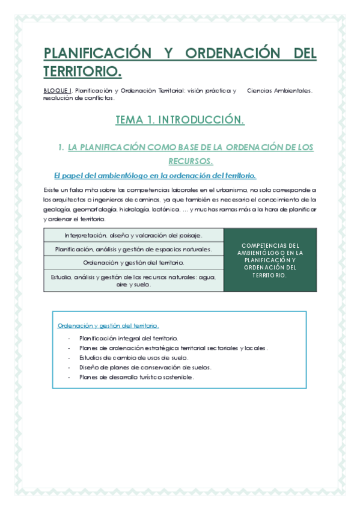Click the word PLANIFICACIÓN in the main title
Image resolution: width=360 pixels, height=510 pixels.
tap(97, 53)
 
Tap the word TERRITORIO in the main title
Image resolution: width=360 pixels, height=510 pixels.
tap(82, 72)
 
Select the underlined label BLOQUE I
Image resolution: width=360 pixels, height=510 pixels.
tap(57, 90)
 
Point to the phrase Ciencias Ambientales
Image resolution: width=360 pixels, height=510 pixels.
tap(279, 90)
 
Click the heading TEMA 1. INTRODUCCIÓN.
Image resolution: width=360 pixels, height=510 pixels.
tap(180, 120)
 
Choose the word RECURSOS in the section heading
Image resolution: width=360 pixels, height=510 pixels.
tap(191, 161)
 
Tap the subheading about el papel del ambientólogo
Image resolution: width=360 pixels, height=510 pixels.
tap(155, 176)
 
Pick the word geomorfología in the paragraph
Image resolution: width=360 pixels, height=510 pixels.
tap(94, 209)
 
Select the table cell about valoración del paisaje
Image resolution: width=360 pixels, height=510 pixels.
tap(133, 235)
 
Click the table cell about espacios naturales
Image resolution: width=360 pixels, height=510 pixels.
tap(133, 249)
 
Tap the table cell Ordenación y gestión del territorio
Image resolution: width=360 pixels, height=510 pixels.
tap(133, 263)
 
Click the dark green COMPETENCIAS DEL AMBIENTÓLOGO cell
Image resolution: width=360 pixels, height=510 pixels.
tap(270, 260)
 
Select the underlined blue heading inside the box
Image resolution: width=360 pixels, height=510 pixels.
tap(108, 325)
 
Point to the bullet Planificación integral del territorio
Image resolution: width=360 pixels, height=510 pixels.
tap(129, 339)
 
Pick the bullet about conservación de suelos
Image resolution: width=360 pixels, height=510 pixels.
tap(145, 367)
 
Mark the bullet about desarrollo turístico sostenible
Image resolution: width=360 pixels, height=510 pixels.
tap(136, 377)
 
